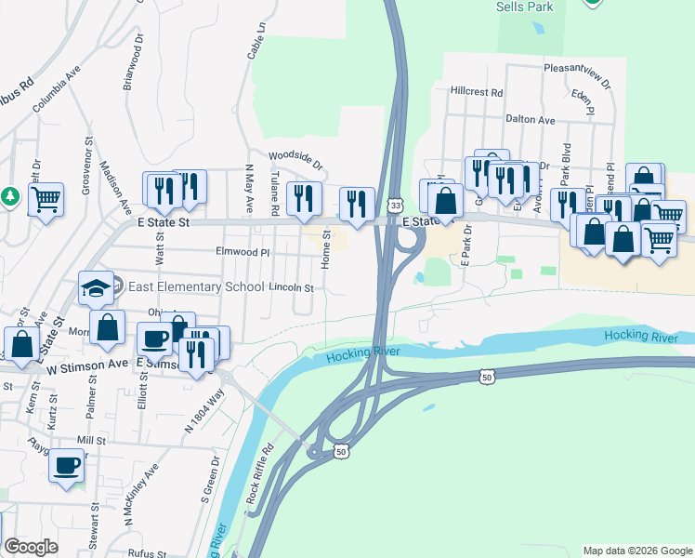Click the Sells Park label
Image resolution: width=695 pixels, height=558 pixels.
[525, 7]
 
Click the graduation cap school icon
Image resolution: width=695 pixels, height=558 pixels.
[96, 287]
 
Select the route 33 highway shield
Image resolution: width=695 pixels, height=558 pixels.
[396, 205]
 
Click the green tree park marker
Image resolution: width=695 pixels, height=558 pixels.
[10, 196]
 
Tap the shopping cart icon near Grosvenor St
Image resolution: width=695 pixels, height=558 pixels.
[46, 198]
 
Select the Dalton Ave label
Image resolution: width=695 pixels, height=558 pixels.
[530, 120]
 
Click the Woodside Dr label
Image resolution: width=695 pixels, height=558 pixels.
[295, 160]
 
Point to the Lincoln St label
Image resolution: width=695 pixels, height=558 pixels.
[292, 288]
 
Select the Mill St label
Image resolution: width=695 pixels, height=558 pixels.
[92, 440]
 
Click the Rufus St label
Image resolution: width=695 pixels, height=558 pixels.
[147, 551]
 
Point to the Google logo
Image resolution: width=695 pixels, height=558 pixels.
[31, 547]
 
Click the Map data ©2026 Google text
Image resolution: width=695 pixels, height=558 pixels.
[637, 551]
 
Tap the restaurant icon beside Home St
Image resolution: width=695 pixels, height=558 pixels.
[357, 205]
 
